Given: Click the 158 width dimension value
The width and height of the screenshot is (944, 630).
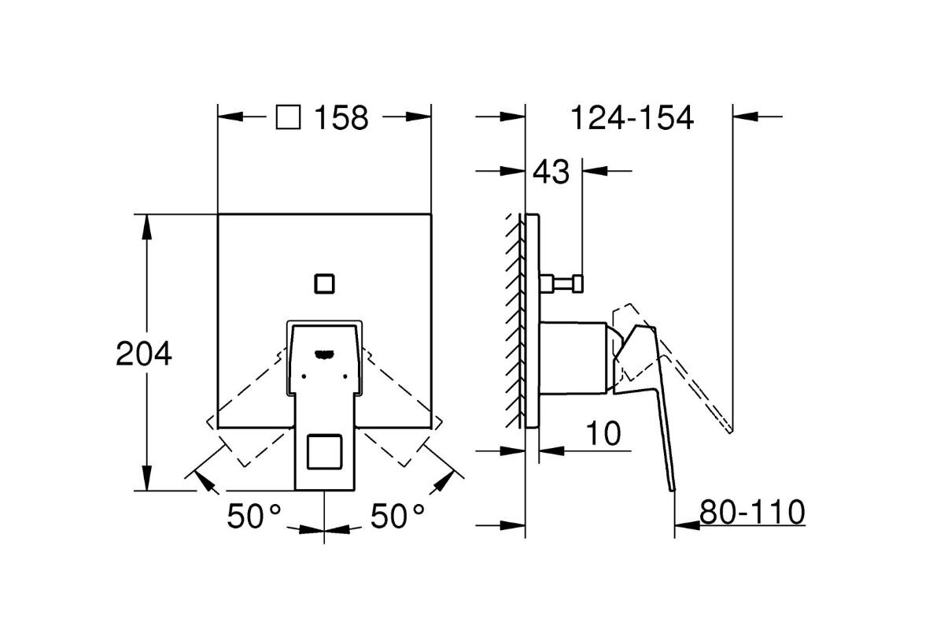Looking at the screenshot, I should point(341,118).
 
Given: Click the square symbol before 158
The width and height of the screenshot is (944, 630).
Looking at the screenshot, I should point(288,118).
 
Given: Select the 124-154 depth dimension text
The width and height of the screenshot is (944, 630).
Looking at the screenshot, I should point(632,118).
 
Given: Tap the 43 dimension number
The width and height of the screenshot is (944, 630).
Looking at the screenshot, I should point(551,171).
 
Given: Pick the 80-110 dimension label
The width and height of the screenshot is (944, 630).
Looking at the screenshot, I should point(751,513).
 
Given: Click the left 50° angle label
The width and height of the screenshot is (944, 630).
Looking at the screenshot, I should point(254,517).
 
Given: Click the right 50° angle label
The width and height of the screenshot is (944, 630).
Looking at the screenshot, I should point(397,517).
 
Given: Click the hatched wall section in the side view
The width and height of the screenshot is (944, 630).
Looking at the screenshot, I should point(515,315).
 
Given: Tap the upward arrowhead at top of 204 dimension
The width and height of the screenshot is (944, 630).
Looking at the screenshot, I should point(146,224).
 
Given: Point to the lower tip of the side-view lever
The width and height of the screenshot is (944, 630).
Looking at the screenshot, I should point(673,488).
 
